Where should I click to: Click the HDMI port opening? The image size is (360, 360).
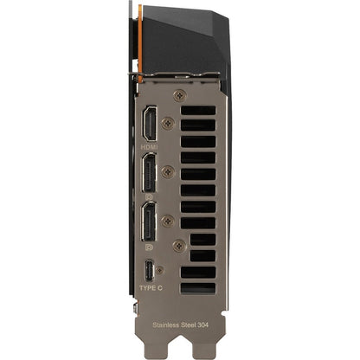(150, 123)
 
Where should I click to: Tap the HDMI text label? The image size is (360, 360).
(149, 147)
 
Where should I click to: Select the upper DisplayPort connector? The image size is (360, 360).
(149, 172)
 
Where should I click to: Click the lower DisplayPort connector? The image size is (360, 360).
(149, 222)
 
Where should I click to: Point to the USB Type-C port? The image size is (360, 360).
(150, 271)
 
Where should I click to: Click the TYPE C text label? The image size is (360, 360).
(151, 288)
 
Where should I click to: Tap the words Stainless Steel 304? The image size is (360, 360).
(180, 325)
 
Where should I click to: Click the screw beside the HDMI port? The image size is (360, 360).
(168, 123)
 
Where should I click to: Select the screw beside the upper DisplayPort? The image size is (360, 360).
(168, 172)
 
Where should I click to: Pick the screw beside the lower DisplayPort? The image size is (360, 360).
(168, 221)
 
